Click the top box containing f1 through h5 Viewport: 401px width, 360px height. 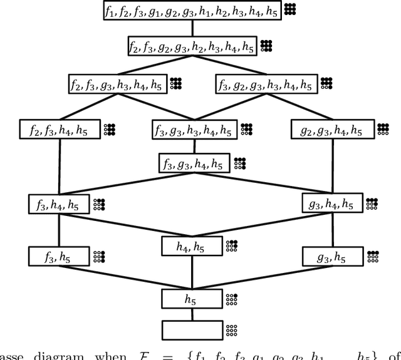192,11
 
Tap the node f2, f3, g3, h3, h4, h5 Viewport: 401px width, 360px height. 118,84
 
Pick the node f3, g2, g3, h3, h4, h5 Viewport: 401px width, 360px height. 266,84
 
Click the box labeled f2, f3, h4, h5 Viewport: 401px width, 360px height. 59,130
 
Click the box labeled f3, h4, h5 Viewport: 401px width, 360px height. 59,204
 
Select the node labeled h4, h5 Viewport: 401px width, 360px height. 192,247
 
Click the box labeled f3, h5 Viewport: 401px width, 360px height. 59,257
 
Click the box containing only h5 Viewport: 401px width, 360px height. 192,299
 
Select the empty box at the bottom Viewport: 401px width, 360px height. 192,329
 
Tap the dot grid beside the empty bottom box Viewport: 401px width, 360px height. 232,330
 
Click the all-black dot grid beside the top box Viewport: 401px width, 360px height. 289,9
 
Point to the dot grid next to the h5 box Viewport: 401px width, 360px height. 232,299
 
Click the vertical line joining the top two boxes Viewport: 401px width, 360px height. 192,28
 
